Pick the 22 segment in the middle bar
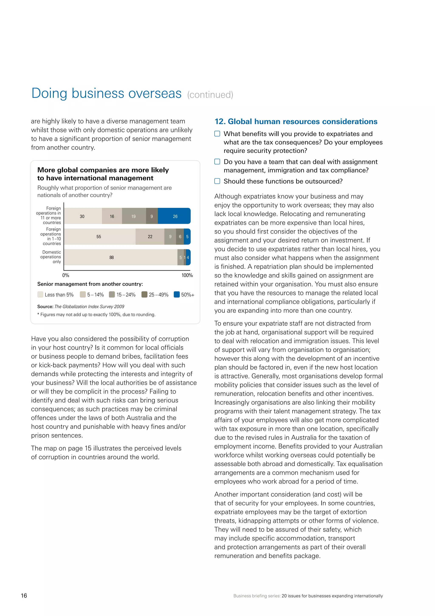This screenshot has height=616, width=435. [x=150, y=237]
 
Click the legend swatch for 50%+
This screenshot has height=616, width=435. [x=177, y=294]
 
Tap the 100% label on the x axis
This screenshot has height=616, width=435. [x=187, y=275]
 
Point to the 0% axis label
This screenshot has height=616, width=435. [x=66, y=275]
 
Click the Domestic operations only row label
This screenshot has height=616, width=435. [x=51, y=257]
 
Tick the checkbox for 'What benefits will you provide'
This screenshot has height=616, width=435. [x=217, y=134]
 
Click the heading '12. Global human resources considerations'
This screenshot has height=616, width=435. [x=296, y=121]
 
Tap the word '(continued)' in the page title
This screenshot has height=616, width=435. [x=210, y=95]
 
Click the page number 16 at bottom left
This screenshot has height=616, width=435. [x=24, y=596]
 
